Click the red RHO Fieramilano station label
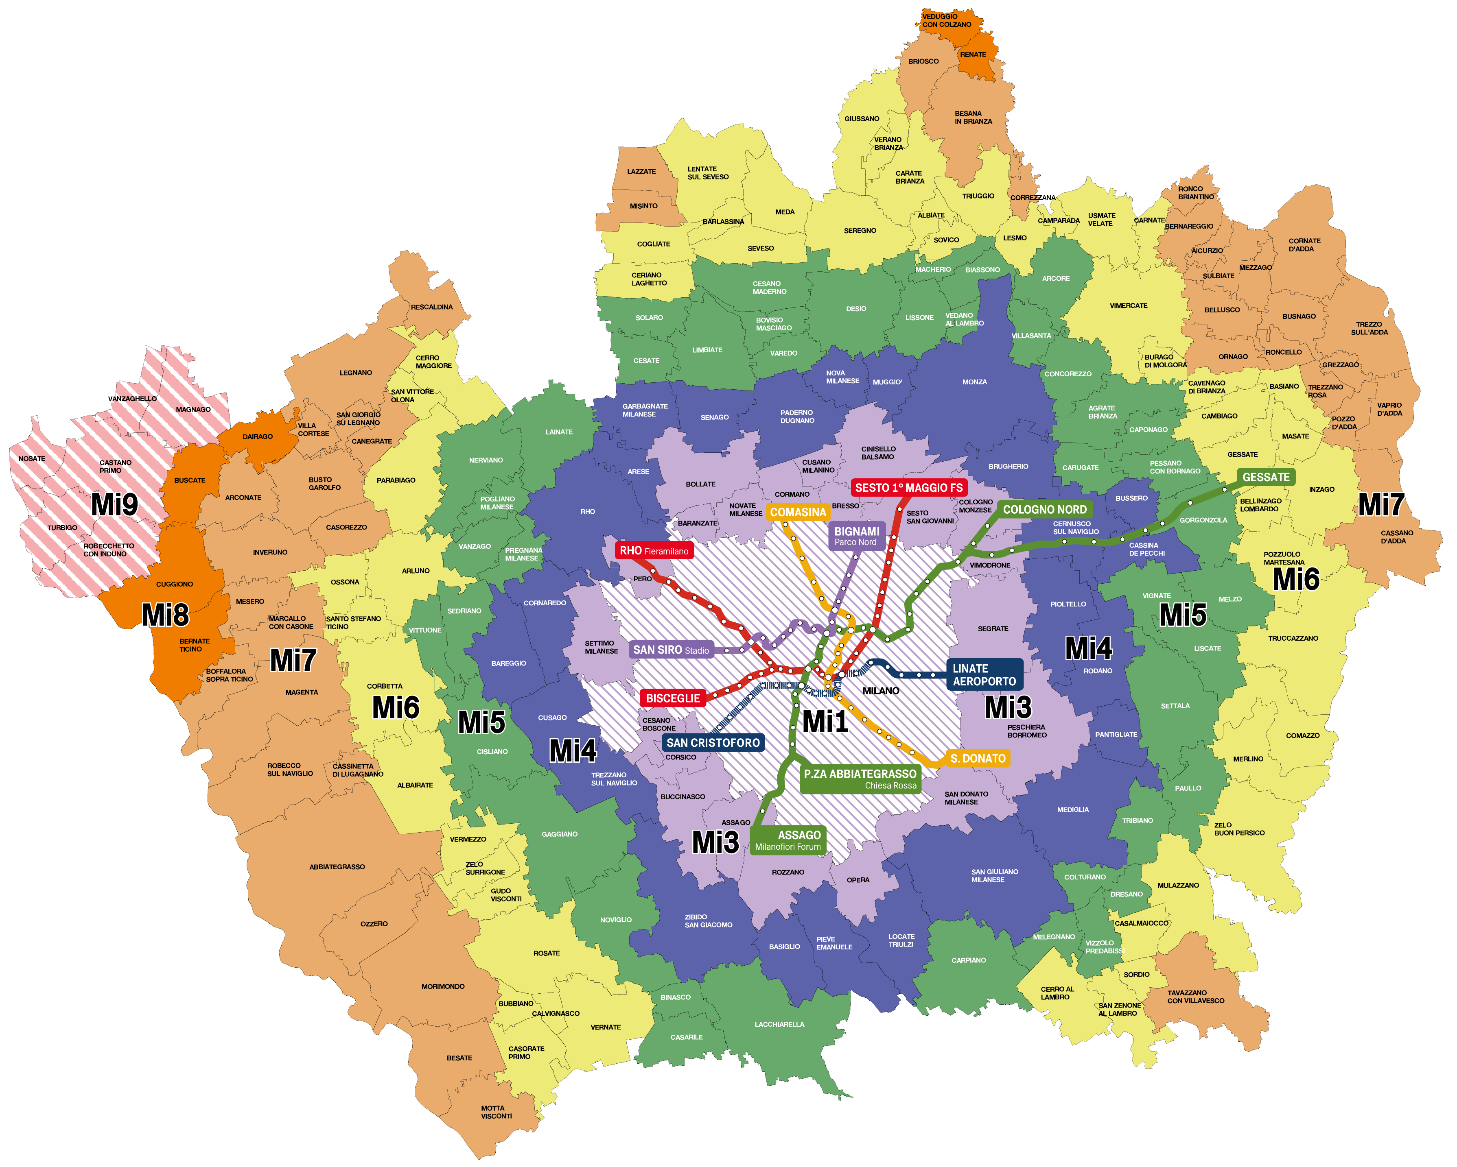(654, 550)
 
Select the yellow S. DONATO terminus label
(977, 759)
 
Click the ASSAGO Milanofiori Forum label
(788, 840)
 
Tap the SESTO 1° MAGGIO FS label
(908, 488)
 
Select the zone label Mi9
(114, 504)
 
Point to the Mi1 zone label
(825, 721)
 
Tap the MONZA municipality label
(974, 382)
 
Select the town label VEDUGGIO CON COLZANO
(946, 20)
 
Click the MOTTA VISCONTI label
(496, 1112)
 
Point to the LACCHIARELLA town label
(779, 1024)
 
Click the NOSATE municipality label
(32, 458)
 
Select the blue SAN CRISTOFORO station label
(713, 742)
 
